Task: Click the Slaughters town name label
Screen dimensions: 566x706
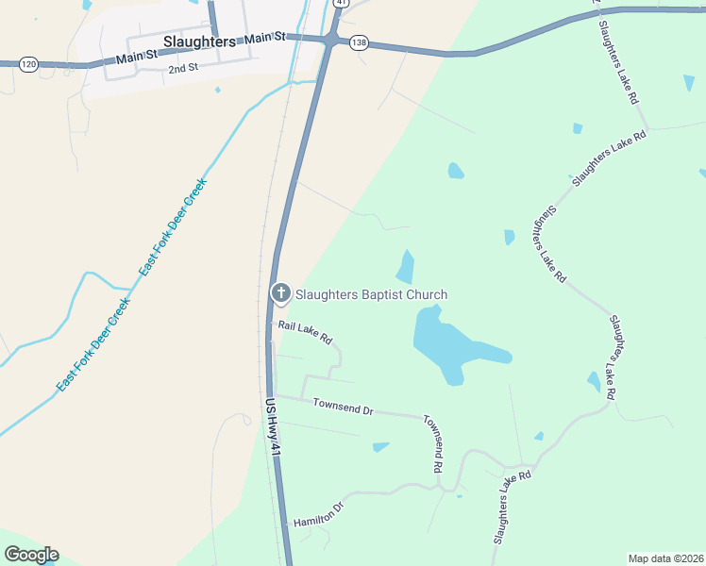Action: coord(199,42)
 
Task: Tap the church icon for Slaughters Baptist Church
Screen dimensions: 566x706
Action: coord(280,294)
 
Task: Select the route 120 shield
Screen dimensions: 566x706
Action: coord(29,64)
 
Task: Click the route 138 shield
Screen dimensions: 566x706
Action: coord(358,42)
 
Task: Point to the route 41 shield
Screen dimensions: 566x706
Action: coord(340,3)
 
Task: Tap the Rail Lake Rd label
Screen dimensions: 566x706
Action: coord(305,331)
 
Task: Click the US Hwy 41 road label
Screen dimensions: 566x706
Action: coord(272,428)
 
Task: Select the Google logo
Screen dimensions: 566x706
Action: coord(31,554)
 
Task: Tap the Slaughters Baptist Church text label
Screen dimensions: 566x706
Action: coord(371,294)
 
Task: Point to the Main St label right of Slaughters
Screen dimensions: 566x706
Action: coord(264,38)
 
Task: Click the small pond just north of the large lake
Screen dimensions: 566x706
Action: coord(406,267)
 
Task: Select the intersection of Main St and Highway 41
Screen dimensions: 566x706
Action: coord(332,41)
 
